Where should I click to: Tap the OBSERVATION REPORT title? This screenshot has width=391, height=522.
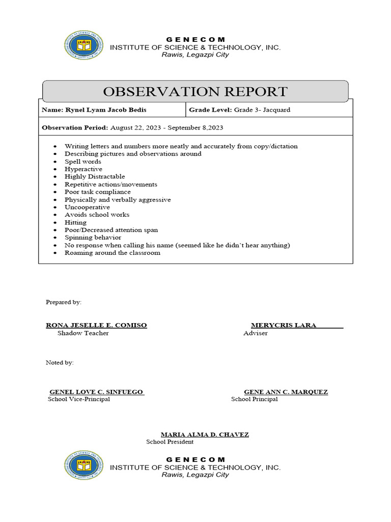(195, 92)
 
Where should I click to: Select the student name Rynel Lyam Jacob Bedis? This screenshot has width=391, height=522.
(108, 110)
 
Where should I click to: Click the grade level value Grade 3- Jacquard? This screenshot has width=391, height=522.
(262, 110)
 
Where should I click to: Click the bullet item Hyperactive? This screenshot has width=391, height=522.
(83, 169)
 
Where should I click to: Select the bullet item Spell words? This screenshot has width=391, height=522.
(82, 161)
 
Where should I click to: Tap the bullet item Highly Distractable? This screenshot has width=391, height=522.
(95, 176)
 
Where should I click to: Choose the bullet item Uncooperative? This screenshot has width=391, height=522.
(87, 207)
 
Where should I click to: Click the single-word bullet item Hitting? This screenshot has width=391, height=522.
(75, 222)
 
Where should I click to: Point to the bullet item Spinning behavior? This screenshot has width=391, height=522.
(93, 238)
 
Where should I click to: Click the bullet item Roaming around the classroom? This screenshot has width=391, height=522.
(112, 253)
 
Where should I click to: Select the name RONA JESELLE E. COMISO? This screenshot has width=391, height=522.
(96, 325)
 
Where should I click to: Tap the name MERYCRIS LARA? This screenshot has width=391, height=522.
(284, 325)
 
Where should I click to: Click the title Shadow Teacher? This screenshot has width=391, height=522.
(83, 333)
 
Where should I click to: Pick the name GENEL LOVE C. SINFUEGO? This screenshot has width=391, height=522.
(96, 392)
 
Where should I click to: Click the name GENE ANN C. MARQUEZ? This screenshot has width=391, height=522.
(286, 392)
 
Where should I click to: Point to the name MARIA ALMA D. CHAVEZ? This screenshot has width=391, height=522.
(205, 434)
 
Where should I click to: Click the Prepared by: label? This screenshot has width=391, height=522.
(64, 302)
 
